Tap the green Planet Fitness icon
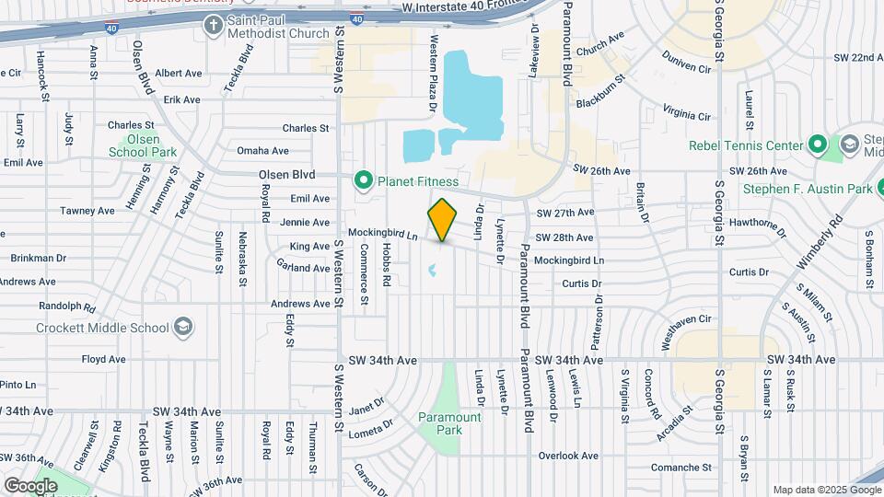[x=363, y=180]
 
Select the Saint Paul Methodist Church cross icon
[x=214, y=24]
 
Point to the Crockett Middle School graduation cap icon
[x=183, y=328]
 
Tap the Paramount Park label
[x=449, y=423]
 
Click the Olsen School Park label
[x=142, y=145]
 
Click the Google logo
[x=30, y=485]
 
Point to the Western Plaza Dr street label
[x=433, y=75]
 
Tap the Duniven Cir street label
[x=686, y=67]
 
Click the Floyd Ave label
[x=102, y=359]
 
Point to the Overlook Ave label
[x=569, y=456]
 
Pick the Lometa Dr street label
[x=370, y=426]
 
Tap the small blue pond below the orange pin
[x=431, y=271]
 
